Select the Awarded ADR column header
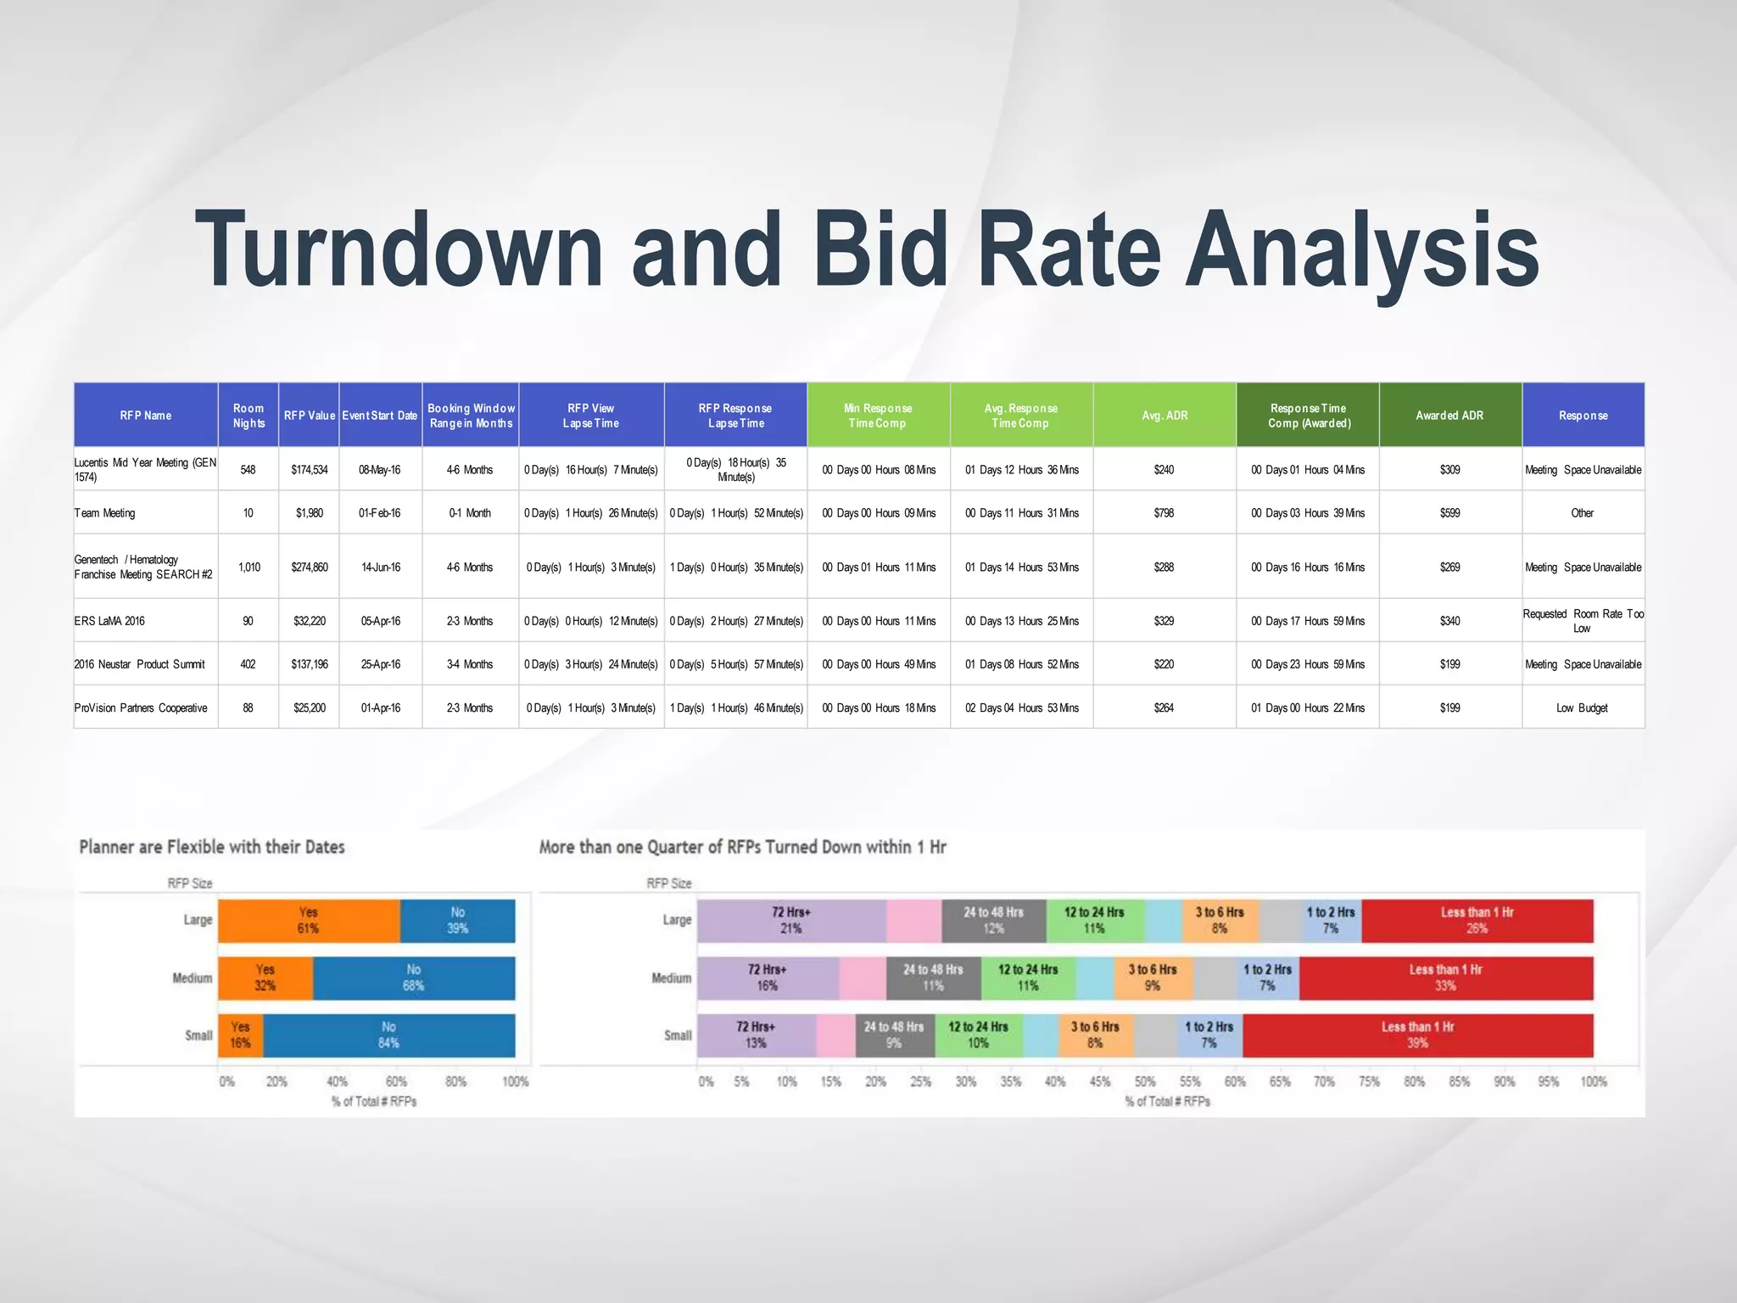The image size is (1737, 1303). pos(1449,416)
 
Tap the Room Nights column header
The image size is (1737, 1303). pos(249,416)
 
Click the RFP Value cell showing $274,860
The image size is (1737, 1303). pos(310,568)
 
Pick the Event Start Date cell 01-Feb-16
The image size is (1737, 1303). pos(380,513)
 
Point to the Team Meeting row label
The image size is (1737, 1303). pos(104,513)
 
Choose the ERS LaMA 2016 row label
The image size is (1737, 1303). pos(109,621)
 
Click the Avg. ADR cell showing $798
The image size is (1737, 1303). pos(1164,513)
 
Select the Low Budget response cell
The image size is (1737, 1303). pos(1582,708)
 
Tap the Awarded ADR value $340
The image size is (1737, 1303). pos(1449,621)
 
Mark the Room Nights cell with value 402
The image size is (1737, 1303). pos(248,664)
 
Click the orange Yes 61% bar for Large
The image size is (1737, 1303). pos(309,920)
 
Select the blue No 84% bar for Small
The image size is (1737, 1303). pos(388,1035)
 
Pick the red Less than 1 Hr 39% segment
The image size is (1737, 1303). pos(1417,1035)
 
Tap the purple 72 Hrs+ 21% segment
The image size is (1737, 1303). pos(791,920)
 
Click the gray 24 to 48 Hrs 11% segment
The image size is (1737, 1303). pos(933,978)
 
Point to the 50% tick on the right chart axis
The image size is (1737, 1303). pos(1145,1082)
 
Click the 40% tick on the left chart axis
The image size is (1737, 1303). pos(337,1082)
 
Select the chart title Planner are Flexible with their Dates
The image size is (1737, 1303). pos(212,847)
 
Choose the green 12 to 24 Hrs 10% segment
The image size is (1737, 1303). pos(978,1035)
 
